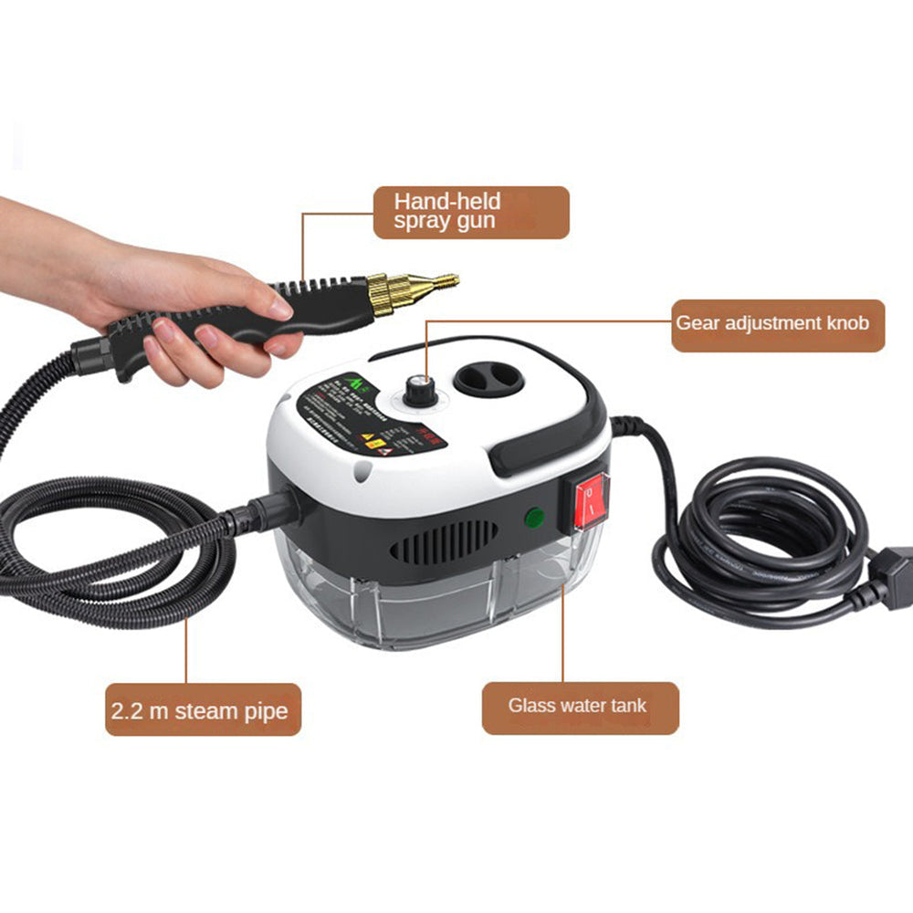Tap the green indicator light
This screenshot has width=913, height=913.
534,518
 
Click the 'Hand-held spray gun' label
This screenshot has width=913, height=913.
470,213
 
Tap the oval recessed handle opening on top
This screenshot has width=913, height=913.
488,372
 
